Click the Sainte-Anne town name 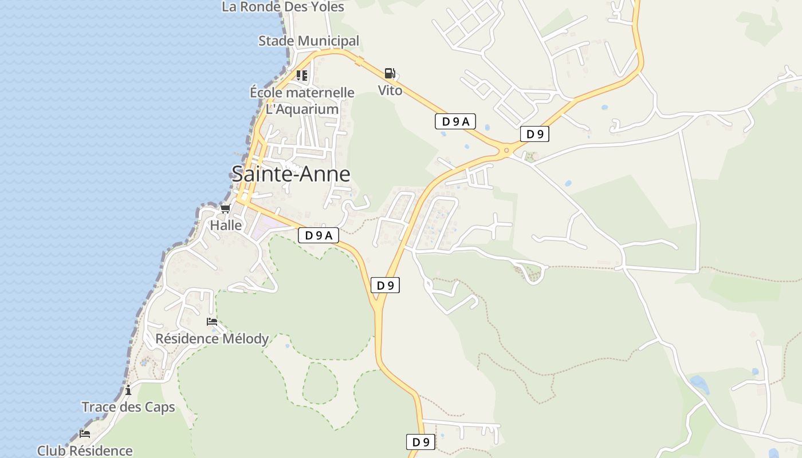pyautogui.click(x=290, y=173)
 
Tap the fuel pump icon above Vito pyautogui.click(x=390, y=73)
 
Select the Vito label pyautogui.click(x=390, y=90)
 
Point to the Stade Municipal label pyautogui.click(x=308, y=41)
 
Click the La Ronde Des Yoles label pyautogui.click(x=283, y=7)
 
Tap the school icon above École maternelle pyautogui.click(x=302, y=76)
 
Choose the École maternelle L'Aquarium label pyautogui.click(x=302, y=101)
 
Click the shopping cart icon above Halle pyautogui.click(x=226, y=208)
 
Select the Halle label pyautogui.click(x=226, y=225)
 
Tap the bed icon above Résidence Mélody pyautogui.click(x=212, y=322)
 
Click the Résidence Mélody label pyautogui.click(x=212, y=338)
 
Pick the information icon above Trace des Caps pyautogui.click(x=128, y=390)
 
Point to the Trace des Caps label pyautogui.click(x=128, y=407)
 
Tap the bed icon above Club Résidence pyautogui.click(x=85, y=433)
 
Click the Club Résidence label pyautogui.click(x=85, y=451)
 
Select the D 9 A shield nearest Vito pyautogui.click(x=455, y=121)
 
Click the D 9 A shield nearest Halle pyautogui.click(x=319, y=235)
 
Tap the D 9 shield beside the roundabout pyautogui.click(x=534, y=134)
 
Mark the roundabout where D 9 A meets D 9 pyautogui.click(x=506, y=151)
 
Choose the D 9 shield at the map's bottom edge pyautogui.click(x=420, y=442)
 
